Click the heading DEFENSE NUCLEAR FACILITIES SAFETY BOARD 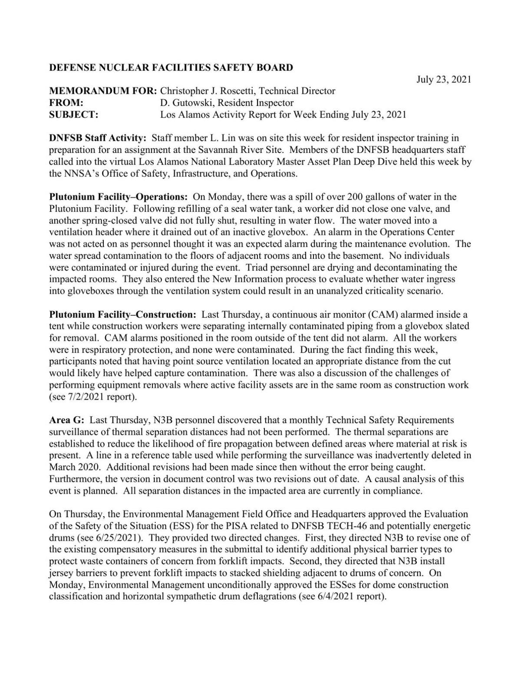click(x=171, y=67)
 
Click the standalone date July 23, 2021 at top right click(x=443, y=79)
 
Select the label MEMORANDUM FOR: click(x=103, y=91)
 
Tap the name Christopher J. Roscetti click(x=208, y=91)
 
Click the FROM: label click(x=66, y=103)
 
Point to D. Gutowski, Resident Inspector click(x=227, y=103)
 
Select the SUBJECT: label click(x=73, y=115)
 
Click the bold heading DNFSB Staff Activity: click(x=98, y=138)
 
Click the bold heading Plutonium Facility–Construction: click(x=123, y=314)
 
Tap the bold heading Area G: click(x=66, y=420)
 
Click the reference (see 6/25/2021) click(x=114, y=537)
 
